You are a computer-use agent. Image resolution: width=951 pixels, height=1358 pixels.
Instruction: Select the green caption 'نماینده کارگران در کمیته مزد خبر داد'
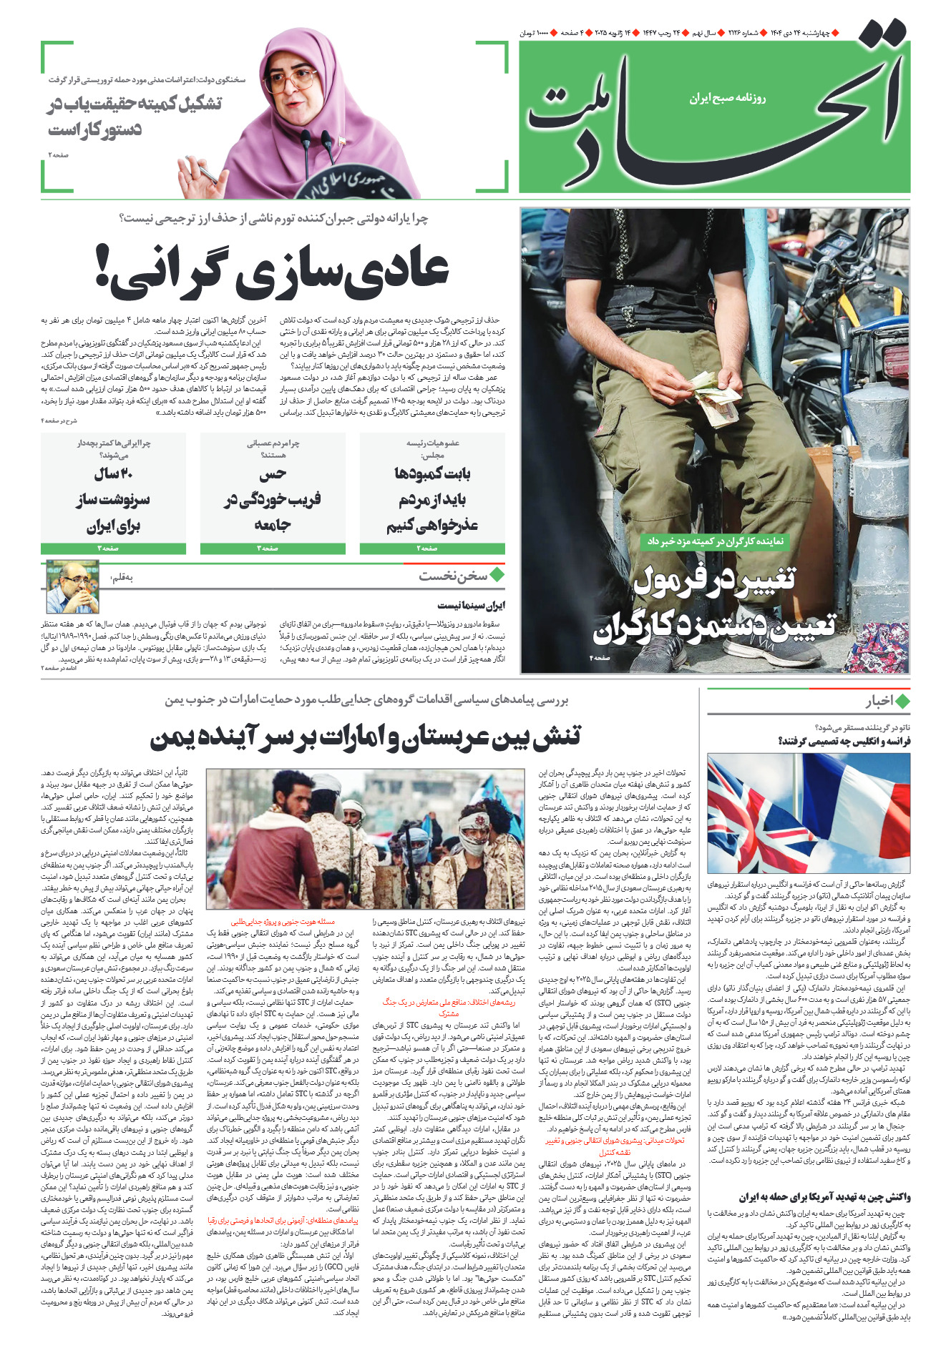[713, 541]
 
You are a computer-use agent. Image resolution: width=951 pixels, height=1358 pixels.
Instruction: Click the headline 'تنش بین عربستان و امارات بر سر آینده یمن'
[366, 737]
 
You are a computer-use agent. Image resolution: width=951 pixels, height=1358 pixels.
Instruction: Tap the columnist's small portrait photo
[72, 587]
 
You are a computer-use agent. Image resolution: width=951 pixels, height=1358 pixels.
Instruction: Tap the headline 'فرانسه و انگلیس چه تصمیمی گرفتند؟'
[844, 741]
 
